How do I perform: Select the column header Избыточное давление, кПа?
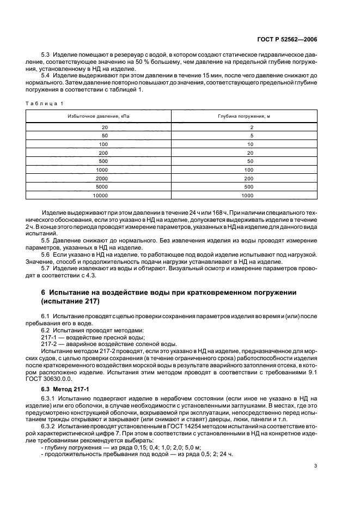(x=99, y=117)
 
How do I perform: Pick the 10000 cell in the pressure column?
(x=100, y=195)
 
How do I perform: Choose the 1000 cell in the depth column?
(x=248, y=195)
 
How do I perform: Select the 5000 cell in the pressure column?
(x=101, y=186)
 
